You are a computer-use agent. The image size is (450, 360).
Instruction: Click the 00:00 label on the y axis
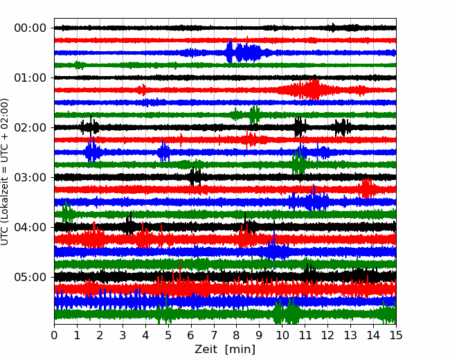click(x=30, y=28)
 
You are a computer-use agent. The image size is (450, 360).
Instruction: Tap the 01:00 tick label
click(x=30, y=78)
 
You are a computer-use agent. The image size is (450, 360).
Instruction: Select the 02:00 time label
click(x=30, y=127)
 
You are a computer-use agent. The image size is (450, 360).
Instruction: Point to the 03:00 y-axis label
click(x=30, y=177)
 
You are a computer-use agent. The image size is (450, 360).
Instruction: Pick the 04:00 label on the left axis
click(x=30, y=227)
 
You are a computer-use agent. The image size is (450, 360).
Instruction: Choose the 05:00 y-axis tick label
click(x=30, y=277)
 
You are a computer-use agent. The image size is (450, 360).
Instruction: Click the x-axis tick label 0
click(x=54, y=335)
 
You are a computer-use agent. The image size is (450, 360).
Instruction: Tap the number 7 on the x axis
click(x=214, y=335)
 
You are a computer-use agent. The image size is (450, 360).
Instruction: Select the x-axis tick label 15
click(x=396, y=335)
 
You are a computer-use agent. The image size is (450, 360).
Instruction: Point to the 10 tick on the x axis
click(x=282, y=335)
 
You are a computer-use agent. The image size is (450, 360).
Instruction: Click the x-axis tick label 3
click(x=123, y=335)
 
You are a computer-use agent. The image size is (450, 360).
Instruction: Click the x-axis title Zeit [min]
click(x=225, y=349)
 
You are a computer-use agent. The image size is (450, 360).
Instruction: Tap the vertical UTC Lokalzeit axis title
click(x=5, y=172)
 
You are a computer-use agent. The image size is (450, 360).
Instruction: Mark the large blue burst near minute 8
click(x=244, y=52)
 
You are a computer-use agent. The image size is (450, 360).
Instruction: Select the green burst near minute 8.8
click(x=254, y=114)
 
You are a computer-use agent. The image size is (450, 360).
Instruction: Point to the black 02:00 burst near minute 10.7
click(x=299, y=127)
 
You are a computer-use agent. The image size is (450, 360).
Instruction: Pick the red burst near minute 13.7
click(x=367, y=188)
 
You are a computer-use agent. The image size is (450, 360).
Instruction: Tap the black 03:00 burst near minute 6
click(x=195, y=177)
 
